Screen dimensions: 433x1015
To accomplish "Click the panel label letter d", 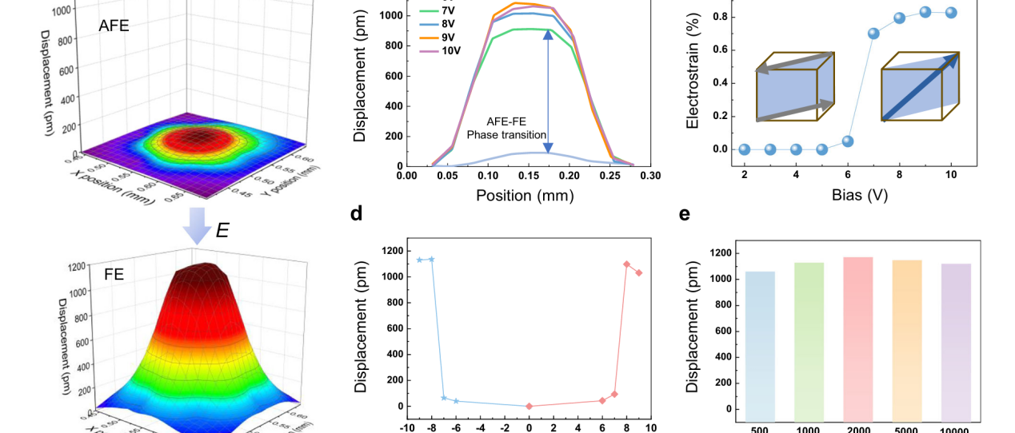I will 357,213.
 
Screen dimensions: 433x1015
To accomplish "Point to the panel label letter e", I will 684,213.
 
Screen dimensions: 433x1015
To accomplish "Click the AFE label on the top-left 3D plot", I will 114,26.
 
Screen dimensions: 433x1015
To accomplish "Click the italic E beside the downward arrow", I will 222,231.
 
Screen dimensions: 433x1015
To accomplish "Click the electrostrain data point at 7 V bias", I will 873,34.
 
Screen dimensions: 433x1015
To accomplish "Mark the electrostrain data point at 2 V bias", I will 745,149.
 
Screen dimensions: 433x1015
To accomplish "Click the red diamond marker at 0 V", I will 529,406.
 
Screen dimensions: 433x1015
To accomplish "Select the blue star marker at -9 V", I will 419,260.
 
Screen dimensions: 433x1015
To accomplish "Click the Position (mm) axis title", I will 525,195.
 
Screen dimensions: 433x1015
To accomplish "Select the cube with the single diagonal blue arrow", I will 920,86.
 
